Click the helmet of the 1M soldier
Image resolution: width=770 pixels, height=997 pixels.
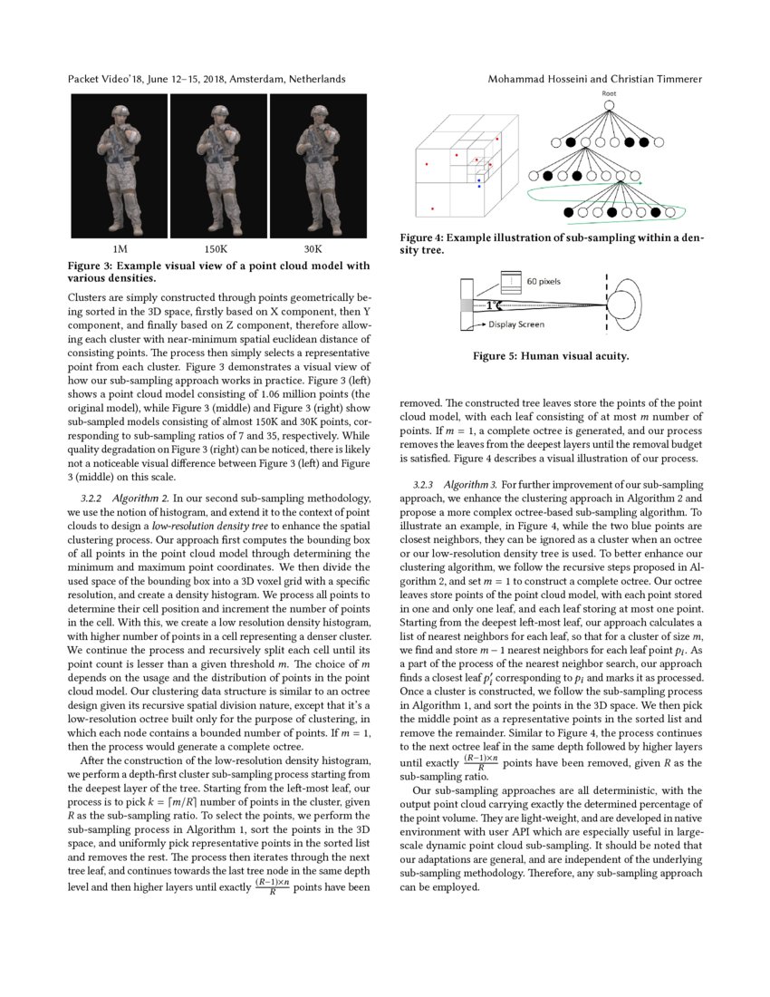point(121,112)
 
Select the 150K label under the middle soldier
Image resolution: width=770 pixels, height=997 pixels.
point(215,248)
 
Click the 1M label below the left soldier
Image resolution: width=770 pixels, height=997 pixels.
point(119,248)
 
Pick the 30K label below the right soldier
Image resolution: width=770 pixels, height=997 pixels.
point(313,248)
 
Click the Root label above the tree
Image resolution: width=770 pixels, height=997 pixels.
point(609,93)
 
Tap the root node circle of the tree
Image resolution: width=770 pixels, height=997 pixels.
point(609,105)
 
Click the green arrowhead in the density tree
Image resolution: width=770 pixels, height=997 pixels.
point(640,183)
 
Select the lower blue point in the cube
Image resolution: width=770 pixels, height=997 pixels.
point(478,186)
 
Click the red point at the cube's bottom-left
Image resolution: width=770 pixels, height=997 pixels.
point(432,208)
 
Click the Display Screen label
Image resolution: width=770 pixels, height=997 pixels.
point(518,324)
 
